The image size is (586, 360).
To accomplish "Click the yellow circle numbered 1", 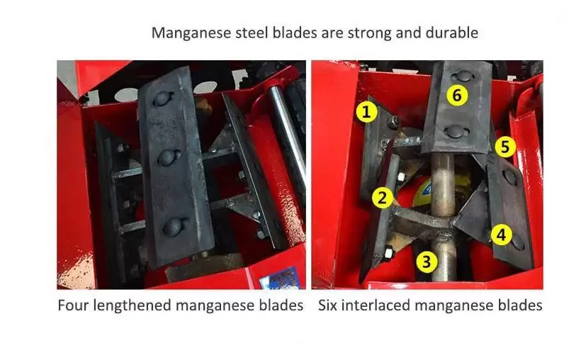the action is point(366,111).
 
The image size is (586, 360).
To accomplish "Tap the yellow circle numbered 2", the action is point(382,198).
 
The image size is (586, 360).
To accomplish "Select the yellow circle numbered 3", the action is point(427,261).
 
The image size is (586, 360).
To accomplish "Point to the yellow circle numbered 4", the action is point(501,235).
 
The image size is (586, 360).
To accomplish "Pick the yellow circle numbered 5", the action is point(505,147).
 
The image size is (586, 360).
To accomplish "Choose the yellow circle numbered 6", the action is point(457,96).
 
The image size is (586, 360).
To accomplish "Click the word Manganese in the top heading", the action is point(191,33).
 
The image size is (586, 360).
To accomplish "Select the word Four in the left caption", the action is point(73,305).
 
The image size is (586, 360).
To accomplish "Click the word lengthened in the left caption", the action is point(133,306).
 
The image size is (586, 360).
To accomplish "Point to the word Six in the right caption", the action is point(327,305).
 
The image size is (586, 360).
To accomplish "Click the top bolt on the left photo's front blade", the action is point(163,99).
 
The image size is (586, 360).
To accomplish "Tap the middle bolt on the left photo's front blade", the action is point(169,157).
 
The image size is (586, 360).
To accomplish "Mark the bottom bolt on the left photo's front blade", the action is point(175,226).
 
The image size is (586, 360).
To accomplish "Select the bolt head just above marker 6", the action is point(462,77).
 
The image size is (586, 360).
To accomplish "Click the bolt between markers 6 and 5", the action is point(456,131).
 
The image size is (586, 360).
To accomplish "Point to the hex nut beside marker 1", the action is point(393,120).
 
